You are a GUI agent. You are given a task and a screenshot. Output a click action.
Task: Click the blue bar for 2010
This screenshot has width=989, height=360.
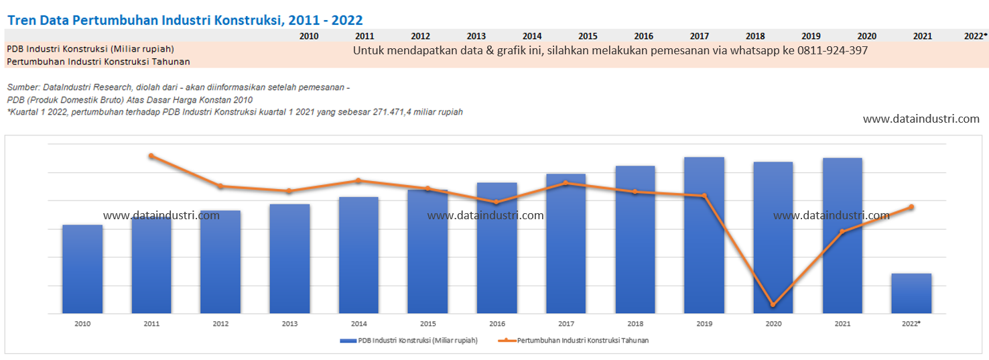(82, 269)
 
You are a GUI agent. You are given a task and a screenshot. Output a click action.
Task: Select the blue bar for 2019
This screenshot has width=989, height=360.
(704, 235)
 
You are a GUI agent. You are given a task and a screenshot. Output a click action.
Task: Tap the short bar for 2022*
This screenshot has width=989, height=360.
(911, 294)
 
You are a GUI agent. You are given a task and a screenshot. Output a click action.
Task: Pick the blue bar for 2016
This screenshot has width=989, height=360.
(497, 248)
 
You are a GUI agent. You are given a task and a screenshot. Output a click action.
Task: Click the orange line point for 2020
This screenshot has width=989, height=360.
(773, 305)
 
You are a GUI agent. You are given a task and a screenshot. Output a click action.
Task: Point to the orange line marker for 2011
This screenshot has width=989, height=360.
(151, 156)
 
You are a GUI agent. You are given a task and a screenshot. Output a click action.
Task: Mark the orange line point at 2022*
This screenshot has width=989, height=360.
(911, 206)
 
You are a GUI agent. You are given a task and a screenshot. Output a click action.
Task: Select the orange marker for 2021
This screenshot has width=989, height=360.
(842, 232)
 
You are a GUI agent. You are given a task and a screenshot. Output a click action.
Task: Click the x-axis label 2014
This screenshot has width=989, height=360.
(358, 324)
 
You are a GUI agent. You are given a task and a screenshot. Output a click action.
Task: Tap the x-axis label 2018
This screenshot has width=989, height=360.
(635, 324)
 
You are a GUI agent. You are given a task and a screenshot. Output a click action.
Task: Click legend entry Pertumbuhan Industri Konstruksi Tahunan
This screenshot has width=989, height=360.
(574, 341)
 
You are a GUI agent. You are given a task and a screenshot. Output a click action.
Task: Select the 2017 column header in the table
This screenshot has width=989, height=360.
(699, 36)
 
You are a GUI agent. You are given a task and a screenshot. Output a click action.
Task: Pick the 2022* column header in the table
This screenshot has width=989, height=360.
(976, 36)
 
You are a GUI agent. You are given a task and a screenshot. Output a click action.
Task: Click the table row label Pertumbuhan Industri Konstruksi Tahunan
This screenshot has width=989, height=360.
(98, 62)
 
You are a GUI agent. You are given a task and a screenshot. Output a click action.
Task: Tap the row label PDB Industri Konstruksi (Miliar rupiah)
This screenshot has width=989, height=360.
(90, 49)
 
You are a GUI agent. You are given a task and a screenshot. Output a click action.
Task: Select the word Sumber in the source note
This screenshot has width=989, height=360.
(21, 87)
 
